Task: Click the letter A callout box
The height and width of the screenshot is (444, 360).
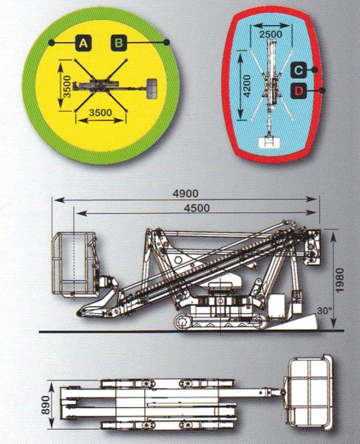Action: click(x=83, y=43)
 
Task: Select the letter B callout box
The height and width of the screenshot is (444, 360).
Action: click(x=119, y=43)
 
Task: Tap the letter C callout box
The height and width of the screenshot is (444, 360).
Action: click(x=298, y=70)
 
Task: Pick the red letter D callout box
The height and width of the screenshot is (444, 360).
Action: click(x=299, y=91)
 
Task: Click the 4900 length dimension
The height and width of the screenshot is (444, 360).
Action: click(x=186, y=194)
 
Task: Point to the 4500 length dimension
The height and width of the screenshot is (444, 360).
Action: click(x=197, y=208)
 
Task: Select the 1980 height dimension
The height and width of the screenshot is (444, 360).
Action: click(x=339, y=280)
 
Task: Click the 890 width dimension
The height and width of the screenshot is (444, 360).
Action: click(x=46, y=405)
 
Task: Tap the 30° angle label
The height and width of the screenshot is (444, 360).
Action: click(x=324, y=311)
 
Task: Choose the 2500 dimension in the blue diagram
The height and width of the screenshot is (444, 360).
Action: click(x=271, y=34)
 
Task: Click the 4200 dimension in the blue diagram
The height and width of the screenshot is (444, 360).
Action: click(x=247, y=86)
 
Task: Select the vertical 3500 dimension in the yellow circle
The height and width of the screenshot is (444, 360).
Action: click(x=67, y=87)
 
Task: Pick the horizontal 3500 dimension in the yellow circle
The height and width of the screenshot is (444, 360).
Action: click(x=101, y=112)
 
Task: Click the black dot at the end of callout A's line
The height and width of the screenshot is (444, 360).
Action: click(x=51, y=43)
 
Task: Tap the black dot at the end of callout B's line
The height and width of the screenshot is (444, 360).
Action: click(x=166, y=42)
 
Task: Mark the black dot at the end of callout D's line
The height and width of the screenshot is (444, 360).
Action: click(x=322, y=90)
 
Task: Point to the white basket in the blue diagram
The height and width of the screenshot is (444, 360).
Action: click(x=271, y=142)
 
